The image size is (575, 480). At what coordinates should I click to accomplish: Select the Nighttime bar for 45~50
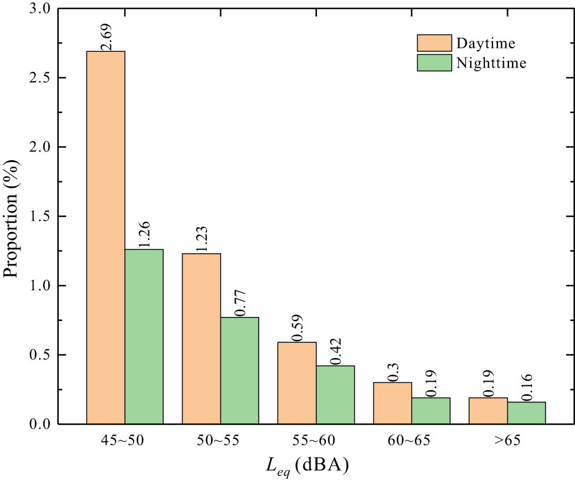pyautogui.click(x=144, y=336)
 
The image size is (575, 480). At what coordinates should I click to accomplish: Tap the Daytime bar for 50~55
pyautogui.click(x=201, y=339)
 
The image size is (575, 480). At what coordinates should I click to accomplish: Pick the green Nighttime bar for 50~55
pyautogui.click(x=239, y=370)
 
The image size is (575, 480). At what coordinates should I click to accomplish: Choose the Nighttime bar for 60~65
pyautogui.click(x=431, y=411)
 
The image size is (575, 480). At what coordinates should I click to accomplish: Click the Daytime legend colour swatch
pyautogui.click(x=433, y=43)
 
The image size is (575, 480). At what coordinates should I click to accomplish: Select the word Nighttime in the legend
pyautogui.click(x=491, y=62)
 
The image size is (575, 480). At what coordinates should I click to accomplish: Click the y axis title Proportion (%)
pyautogui.click(x=12, y=217)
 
